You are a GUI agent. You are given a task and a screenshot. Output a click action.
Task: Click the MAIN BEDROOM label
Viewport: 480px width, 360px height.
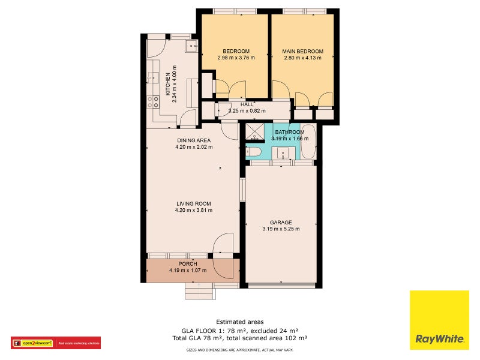(302, 52)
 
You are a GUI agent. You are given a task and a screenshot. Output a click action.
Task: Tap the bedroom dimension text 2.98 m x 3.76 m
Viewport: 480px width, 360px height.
(236, 58)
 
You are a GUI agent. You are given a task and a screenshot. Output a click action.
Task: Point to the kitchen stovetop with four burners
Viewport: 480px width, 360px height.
(153, 102)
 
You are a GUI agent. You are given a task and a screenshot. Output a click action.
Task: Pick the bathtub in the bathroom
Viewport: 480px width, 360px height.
(307, 142)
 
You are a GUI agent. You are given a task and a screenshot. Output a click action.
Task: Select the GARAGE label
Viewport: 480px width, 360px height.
(280, 221)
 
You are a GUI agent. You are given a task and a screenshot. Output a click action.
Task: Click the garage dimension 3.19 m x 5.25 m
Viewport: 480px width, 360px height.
(280, 229)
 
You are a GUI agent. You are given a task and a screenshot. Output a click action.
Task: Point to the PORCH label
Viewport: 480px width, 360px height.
(188, 263)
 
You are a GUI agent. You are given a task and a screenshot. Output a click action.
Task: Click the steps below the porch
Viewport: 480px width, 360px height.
(198, 291)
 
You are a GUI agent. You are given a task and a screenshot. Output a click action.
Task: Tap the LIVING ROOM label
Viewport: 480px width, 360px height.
(193, 203)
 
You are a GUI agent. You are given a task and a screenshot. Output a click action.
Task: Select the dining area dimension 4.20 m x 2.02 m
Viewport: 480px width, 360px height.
(193, 147)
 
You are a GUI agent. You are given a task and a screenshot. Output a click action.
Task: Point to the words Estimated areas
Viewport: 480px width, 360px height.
(239, 322)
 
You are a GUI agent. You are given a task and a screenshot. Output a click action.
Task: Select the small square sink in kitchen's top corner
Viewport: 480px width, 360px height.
(193, 46)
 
